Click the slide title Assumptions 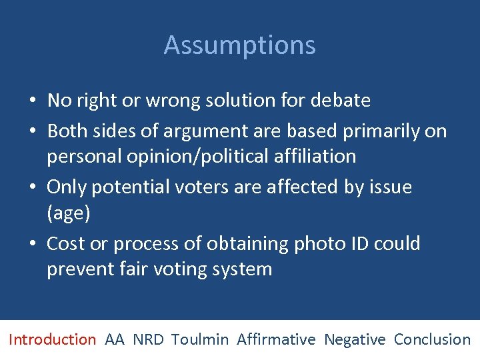tap(240, 45)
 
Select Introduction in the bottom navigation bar tap(52, 339)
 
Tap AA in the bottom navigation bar tap(115, 339)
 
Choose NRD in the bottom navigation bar tap(148, 339)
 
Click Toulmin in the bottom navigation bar tap(199, 339)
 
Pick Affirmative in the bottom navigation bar tap(276, 339)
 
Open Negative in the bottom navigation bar tap(355, 339)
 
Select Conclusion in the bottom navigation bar tap(432, 339)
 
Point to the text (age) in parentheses tap(68, 214)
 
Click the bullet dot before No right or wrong tap(32, 101)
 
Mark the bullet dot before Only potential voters tap(32, 188)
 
